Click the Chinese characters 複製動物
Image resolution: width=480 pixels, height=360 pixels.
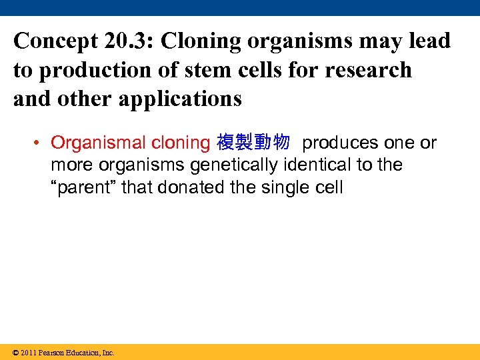[253, 143]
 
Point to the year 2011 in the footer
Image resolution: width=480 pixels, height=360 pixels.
[29, 353]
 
